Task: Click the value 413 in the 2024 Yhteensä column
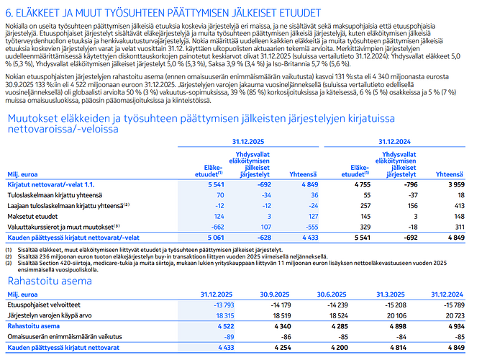(x=458, y=204)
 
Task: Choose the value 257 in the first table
(x=355, y=204)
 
